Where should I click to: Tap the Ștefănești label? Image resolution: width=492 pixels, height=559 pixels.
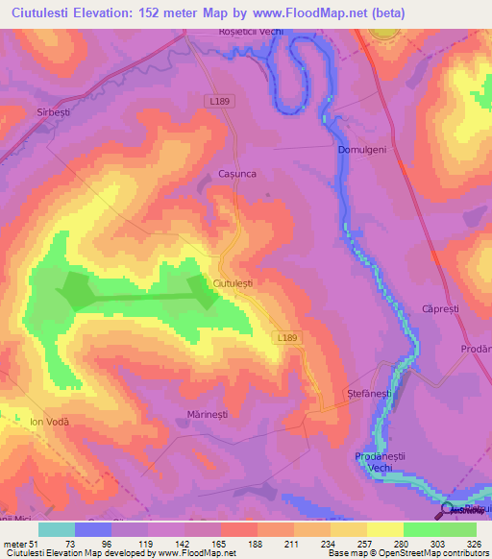(368, 394)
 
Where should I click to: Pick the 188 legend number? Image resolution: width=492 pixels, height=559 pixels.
(255, 543)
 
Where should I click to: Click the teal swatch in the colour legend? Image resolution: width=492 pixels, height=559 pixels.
(57, 529)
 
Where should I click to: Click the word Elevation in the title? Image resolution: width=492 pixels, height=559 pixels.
(88, 13)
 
